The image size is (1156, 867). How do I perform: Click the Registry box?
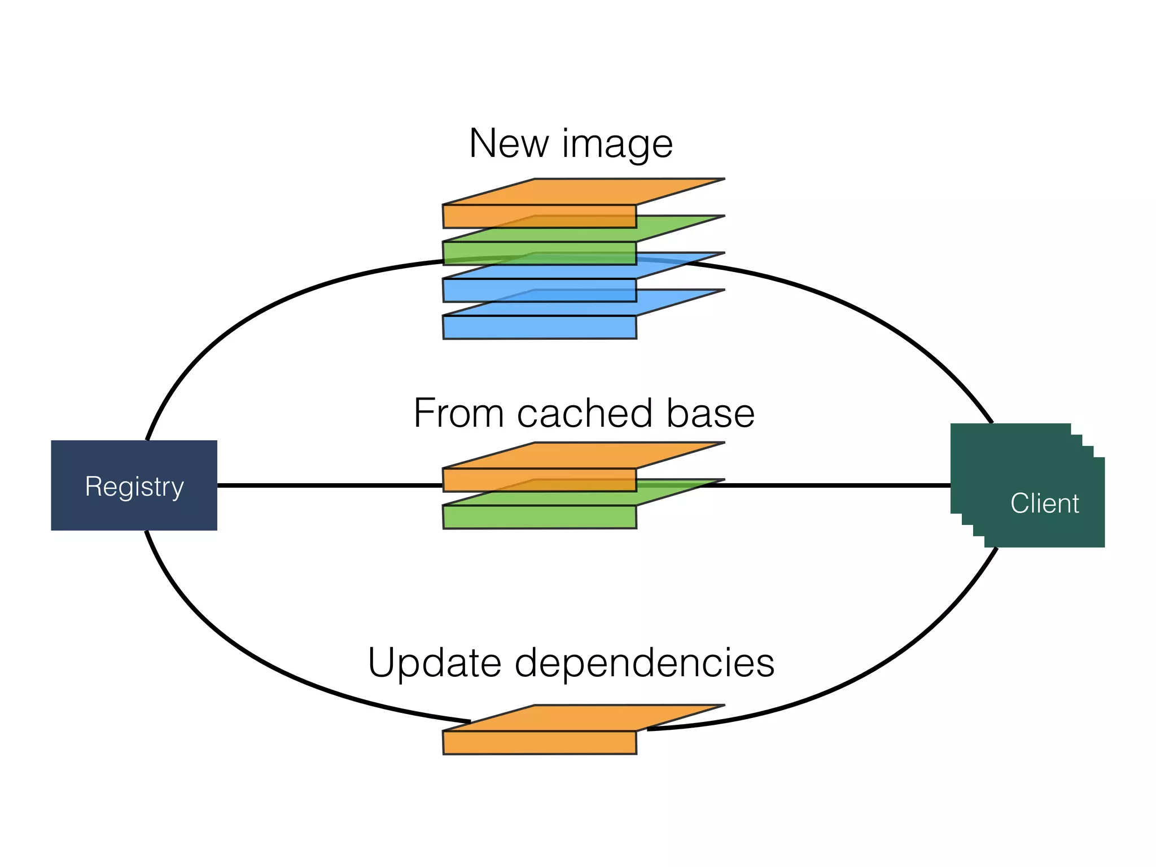click(x=134, y=485)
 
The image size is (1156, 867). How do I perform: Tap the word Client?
click(x=1044, y=503)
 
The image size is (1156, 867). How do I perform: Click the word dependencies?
click(x=644, y=663)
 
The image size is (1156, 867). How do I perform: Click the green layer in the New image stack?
click(x=539, y=253)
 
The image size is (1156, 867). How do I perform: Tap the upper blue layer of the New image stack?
click(x=539, y=290)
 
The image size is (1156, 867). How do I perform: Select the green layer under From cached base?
click(x=539, y=516)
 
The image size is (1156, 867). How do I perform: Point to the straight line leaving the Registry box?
click(x=327, y=485)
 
